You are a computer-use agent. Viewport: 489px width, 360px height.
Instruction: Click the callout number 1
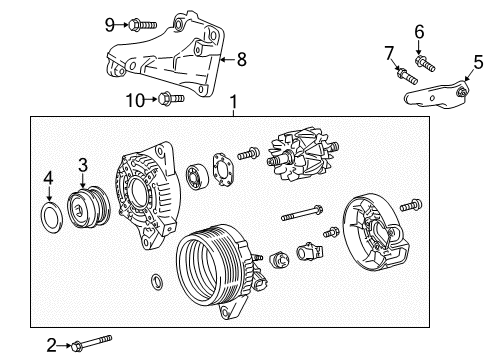pyautogui.click(x=234, y=102)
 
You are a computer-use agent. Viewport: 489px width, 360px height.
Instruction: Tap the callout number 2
pyautogui.click(x=51, y=346)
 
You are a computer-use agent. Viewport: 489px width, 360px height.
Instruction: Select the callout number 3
pyautogui.click(x=84, y=165)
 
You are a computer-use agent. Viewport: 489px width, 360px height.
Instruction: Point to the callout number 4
pyautogui.click(x=47, y=181)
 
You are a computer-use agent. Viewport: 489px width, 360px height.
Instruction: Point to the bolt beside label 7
pyautogui.click(x=405, y=75)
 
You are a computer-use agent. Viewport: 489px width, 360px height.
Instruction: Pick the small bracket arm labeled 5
pyautogui.click(x=437, y=96)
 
